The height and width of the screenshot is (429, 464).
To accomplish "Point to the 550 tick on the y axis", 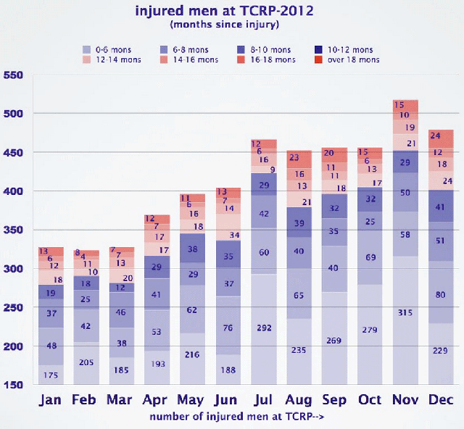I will click(x=14, y=75).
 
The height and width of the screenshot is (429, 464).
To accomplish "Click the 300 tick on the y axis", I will click(x=14, y=269).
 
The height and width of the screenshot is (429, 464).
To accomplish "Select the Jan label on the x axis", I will click(x=51, y=400).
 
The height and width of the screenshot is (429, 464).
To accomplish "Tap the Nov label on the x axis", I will click(x=404, y=400).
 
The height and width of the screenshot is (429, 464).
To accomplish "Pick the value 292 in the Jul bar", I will click(x=263, y=328).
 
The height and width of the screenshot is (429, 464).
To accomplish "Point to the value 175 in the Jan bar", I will click(x=51, y=375).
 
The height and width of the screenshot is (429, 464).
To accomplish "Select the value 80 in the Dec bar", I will click(x=440, y=294).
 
